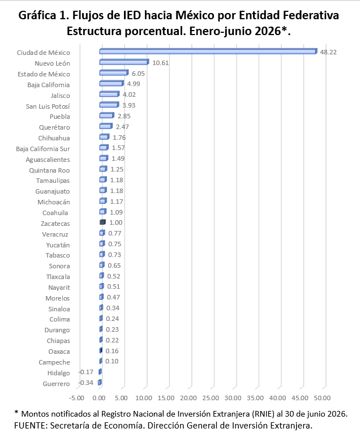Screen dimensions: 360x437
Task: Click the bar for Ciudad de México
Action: pos(208,52)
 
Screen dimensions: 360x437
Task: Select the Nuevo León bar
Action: pos(124,62)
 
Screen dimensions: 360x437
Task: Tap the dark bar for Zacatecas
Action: pos(102,222)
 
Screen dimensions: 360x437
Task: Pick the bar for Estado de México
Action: pos(114,73)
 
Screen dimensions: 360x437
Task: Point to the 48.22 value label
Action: pos(328,52)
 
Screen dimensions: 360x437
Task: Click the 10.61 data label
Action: pos(161,63)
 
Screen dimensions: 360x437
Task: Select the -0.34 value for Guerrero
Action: pos(86,383)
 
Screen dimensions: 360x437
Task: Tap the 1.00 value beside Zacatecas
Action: pos(115,222)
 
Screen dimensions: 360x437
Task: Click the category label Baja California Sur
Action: pos(43,149)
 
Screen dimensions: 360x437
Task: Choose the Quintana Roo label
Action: pos(49,170)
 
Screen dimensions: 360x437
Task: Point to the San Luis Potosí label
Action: pos(48,106)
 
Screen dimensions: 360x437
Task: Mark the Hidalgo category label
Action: pos(58,373)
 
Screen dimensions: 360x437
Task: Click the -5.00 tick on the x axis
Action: pos(76,398)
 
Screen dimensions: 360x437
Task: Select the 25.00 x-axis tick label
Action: pos(211,398)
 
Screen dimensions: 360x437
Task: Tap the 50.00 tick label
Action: pos(322,398)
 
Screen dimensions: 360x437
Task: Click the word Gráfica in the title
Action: pos(37,16)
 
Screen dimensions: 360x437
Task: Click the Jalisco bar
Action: pos(109,94)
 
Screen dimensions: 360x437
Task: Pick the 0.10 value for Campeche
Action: pos(112,361)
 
